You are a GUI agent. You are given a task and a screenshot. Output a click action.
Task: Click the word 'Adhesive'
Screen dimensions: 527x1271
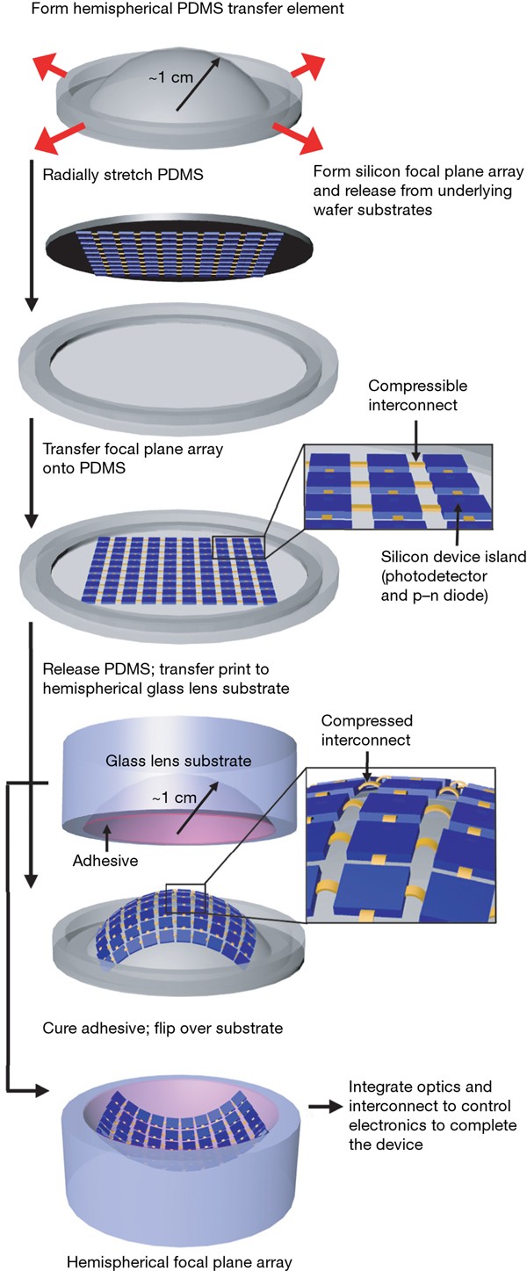105,861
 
